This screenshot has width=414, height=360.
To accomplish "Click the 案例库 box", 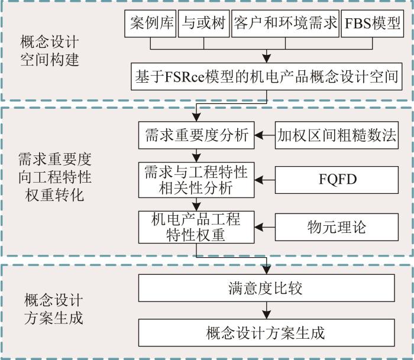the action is pyautogui.click(x=150, y=24).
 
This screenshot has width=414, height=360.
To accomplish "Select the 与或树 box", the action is pyautogui.click(x=204, y=24).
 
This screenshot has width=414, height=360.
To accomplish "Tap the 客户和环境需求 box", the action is pyautogui.click(x=285, y=24).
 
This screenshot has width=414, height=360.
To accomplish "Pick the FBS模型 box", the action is pyautogui.click(x=373, y=24).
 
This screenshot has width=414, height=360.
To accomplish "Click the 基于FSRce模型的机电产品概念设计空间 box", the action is pyautogui.click(x=267, y=76).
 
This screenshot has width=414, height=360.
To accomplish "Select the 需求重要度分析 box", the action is pyautogui.click(x=196, y=135).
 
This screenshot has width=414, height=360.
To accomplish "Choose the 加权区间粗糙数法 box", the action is pyautogui.click(x=337, y=135).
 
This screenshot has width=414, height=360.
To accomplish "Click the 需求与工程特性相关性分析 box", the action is pyautogui.click(x=196, y=180).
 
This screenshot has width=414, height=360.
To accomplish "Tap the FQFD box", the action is pyautogui.click(x=337, y=180).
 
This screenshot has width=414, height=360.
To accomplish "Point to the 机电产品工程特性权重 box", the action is pyautogui.click(x=196, y=227).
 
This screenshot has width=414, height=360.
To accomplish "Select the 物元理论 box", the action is pyautogui.click(x=337, y=227).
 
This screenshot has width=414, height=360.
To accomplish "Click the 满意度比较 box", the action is pyautogui.click(x=267, y=288).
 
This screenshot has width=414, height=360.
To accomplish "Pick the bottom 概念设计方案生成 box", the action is pyautogui.click(x=267, y=333).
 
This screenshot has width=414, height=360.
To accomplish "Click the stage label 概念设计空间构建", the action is pyautogui.click(x=49, y=51).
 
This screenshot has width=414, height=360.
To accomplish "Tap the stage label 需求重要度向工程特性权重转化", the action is pyautogui.click(x=55, y=177).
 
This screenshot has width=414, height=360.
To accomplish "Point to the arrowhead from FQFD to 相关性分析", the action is pyautogui.click(x=259, y=180).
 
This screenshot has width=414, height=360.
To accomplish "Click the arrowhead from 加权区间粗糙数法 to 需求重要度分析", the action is pyautogui.click(x=259, y=135).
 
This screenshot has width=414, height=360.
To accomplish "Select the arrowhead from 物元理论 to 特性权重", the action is pyautogui.click(x=259, y=227).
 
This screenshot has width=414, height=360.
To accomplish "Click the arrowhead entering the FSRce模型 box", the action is pyautogui.click(x=267, y=59).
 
